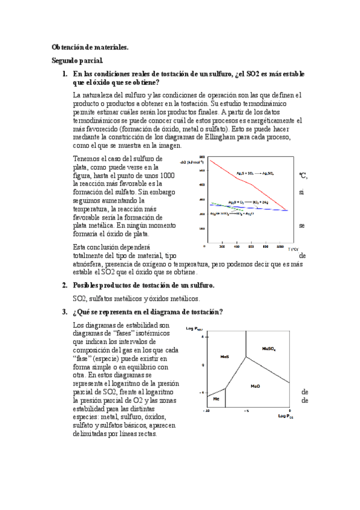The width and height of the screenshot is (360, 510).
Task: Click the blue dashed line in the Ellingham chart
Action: coord(252,207)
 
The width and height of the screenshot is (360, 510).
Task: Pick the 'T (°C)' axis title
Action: coord(293,248)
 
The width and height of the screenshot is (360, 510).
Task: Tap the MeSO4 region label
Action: coord(269,348)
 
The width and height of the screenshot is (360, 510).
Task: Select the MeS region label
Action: coord(225,356)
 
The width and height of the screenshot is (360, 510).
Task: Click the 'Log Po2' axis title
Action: coord(286,416)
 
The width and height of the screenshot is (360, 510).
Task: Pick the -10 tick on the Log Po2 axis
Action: coord(207,411)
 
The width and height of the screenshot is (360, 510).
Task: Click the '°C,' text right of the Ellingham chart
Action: coord(303,175)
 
